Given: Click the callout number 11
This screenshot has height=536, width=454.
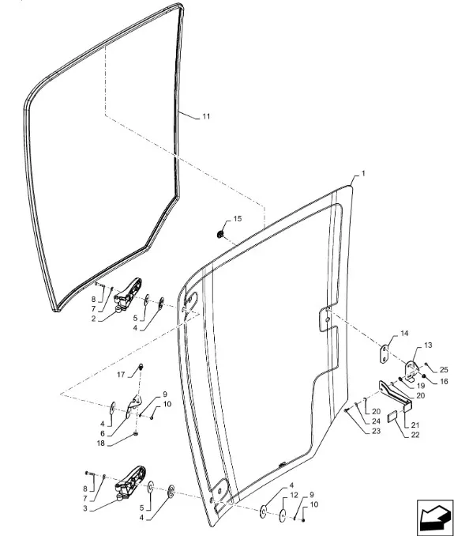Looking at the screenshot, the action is click(206, 116).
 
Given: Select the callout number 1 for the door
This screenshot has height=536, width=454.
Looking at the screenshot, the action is click(363, 174).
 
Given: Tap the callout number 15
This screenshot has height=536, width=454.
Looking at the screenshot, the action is click(237, 219).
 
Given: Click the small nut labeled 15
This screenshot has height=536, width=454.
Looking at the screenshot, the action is click(220, 234).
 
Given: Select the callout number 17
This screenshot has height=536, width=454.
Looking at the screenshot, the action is click(121, 375).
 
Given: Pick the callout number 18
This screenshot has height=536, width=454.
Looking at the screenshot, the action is click(101, 444).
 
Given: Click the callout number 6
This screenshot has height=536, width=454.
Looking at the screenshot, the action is click(103, 434).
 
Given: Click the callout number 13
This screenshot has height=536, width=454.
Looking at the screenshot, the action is click(428, 345).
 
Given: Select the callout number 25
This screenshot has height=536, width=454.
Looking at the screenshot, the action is click(444, 369).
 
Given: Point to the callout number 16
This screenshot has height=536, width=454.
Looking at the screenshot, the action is click(444, 382).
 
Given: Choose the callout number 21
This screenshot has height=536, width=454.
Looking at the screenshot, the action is click(415, 425).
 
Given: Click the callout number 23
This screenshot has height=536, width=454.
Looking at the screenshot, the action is click(376, 432).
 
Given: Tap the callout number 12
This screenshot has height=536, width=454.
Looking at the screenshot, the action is click(294, 495).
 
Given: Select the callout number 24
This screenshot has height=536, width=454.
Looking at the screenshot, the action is click(376, 421).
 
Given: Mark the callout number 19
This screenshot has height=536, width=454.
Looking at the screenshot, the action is click(421, 386).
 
